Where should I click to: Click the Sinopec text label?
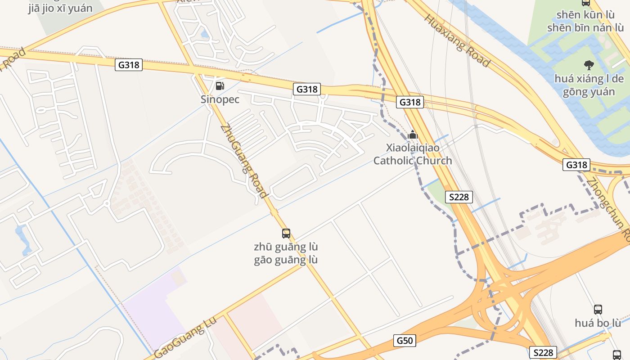[x=220, y=99]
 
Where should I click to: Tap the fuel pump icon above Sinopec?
[x=220, y=85]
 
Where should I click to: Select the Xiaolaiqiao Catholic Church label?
[x=413, y=154]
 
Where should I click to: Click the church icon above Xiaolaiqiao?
[x=413, y=135]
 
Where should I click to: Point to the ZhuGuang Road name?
[x=245, y=161]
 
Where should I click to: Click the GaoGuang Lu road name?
[x=185, y=337]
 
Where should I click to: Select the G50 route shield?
[x=404, y=341]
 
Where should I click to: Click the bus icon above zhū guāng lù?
[x=286, y=233]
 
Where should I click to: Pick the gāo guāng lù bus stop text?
[x=286, y=260]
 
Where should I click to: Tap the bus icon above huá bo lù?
[x=598, y=309]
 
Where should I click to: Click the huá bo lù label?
[x=598, y=323]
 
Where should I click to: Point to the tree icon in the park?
[x=588, y=65]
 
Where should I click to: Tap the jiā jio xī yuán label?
[x=60, y=9]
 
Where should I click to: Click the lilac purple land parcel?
[x=153, y=310]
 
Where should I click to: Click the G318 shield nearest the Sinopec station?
[x=307, y=89]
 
